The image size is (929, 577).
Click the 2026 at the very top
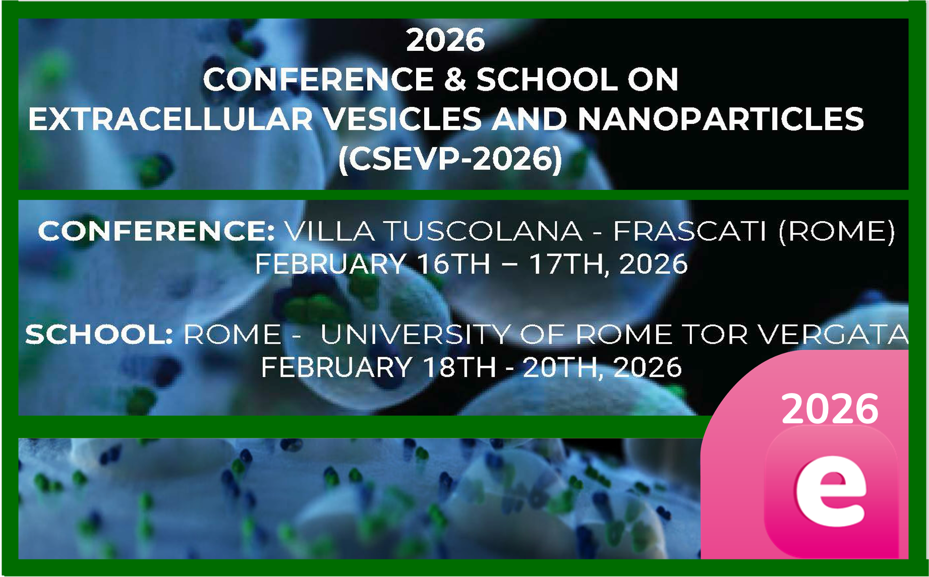click(x=445, y=40)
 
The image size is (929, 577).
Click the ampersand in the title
click(x=455, y=80)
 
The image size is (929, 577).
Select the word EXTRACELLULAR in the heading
click(x=170, y=119)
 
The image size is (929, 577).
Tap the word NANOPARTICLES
click(x=720, y=119)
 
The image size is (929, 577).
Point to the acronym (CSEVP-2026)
click(x=450, y=159)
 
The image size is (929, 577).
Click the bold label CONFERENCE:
click(x=156, y=231)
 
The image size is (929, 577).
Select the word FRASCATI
click(x=689, y=231)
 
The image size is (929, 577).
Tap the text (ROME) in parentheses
click(x=837, y=231)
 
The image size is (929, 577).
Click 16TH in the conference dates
click(x=454, y=264)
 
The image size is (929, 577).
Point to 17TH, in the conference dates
click(x=568, y=265)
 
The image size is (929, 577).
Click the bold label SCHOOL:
click(x=99, y=334)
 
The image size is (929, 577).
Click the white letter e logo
click(x=831, y=491)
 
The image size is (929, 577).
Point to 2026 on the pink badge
click(x=830, y=408)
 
